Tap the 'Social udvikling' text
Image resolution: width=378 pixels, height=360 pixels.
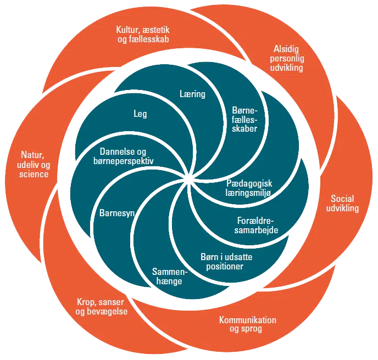[x=344, y=203]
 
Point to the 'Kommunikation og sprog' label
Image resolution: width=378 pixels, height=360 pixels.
[x=247, y=324]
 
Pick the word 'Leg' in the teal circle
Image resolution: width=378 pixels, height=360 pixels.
[x=140, y=114]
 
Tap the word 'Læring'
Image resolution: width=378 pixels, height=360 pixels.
[x=192, y=94]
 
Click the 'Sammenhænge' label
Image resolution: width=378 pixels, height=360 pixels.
[x=170, y=276]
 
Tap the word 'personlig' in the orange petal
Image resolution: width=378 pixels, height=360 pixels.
[x=288, y=59]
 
